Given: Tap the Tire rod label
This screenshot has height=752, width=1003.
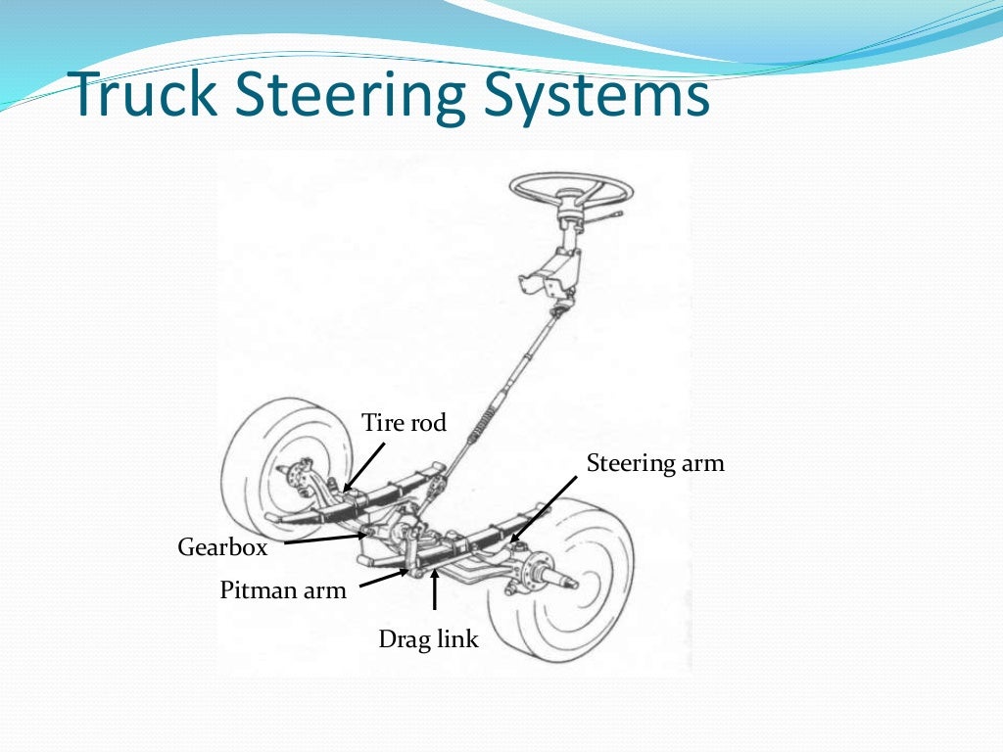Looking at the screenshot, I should point(404,423).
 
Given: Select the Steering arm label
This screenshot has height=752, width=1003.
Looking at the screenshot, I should point(655,463).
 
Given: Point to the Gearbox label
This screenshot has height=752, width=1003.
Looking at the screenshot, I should point(222,547).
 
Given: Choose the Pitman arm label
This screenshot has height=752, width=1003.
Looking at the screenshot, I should point(283,590).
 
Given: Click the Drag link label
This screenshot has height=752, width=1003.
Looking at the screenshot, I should point(429,640).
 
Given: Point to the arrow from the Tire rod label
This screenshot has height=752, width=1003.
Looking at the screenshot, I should point(362,464).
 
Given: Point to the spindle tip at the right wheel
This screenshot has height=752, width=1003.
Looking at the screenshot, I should point(569,585).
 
